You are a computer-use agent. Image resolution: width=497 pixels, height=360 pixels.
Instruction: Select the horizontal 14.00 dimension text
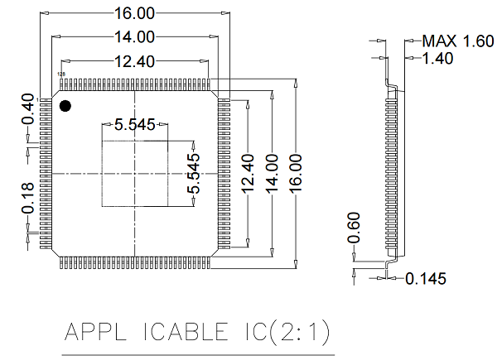134,36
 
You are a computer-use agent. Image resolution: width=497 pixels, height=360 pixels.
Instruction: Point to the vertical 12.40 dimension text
246,173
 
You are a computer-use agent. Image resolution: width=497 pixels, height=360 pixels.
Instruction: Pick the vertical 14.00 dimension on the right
272,173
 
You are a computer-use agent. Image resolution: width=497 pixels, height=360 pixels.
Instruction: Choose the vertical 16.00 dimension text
297,173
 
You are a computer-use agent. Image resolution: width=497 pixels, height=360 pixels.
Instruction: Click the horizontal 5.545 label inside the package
134,125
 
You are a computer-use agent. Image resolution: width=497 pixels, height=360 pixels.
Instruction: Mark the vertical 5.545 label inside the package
194,173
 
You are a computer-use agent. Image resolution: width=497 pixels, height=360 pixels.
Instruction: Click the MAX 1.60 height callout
457,41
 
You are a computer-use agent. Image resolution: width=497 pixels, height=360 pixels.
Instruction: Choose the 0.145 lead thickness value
426,279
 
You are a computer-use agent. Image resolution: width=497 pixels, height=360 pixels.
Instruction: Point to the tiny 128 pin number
60,74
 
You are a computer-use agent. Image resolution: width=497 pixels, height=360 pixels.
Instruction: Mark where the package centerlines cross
134,172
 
